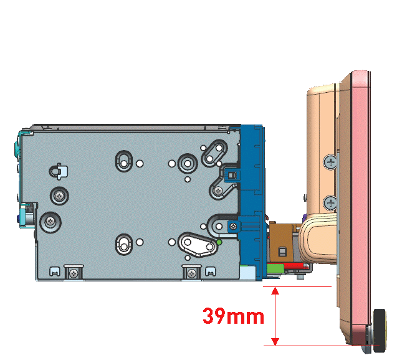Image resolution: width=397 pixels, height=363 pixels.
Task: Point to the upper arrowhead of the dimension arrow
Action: [274, 290]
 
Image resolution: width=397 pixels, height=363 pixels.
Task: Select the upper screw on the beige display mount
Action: [330, 162]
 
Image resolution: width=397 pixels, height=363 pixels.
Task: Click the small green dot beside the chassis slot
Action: [219, 242]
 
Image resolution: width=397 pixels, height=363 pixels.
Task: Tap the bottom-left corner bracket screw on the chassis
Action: [74, 273]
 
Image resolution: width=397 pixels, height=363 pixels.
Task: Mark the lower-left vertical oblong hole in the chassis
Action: [123, 242]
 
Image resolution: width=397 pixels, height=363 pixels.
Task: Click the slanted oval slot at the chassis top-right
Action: [214, 151]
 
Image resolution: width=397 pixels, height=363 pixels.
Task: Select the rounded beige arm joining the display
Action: [318, 239]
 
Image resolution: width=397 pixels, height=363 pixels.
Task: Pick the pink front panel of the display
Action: [360, 205]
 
